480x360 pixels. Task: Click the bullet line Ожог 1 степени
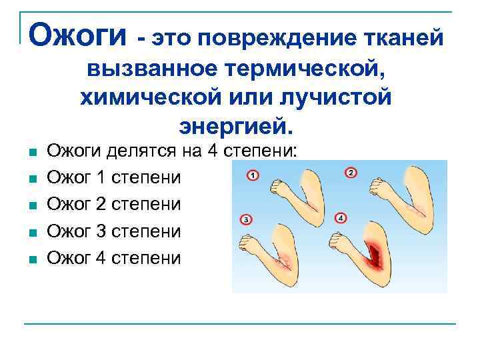click(114, 178)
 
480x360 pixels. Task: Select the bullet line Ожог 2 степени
click(114, 204)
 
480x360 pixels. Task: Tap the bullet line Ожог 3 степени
click(114, 231)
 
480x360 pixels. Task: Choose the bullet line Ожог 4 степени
click(114, 257)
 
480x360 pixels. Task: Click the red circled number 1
click(253, 176)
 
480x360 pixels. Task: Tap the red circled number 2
click(351, 173)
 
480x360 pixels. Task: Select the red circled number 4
click(342, 218)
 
